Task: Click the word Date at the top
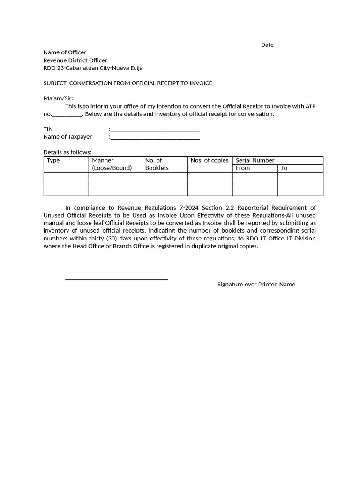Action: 267,45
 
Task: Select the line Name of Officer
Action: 65,52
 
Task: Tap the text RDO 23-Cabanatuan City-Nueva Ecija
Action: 93,68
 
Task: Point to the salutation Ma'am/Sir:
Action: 59,98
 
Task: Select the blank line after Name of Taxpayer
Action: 155,138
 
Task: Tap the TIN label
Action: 48,129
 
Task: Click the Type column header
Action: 53,160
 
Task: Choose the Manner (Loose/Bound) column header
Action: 112,164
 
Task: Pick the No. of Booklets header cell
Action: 157,164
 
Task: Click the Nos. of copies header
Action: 209,160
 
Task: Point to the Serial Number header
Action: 255,160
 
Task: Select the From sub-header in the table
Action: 243,168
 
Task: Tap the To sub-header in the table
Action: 284,168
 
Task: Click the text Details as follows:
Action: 67,152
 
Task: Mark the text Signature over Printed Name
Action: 256,285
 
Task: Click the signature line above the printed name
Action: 116,279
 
